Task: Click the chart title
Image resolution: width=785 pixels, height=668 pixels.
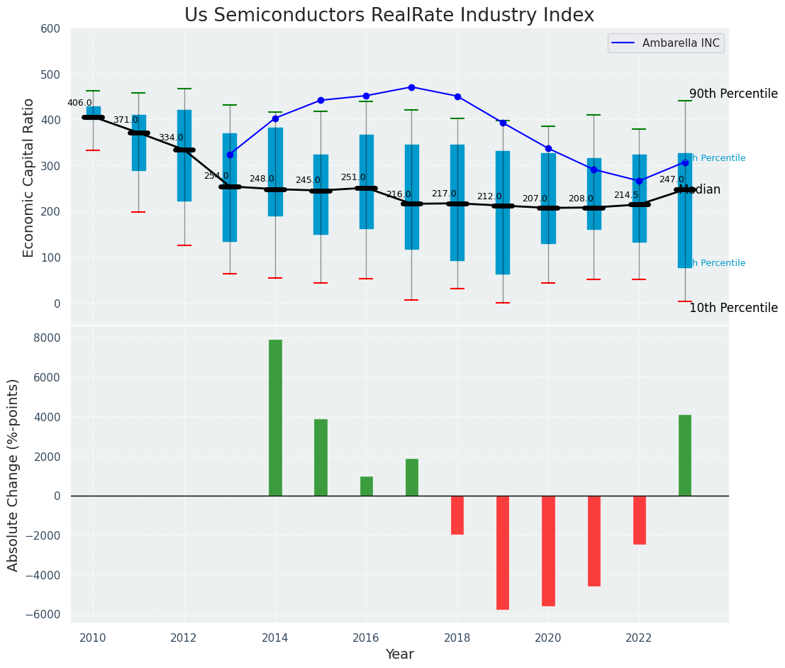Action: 389,16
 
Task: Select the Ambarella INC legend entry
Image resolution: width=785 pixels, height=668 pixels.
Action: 680,43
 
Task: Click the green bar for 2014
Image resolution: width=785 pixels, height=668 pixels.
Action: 275,418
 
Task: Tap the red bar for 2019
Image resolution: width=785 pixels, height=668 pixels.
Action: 503,552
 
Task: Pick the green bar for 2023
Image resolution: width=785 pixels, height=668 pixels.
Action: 685,455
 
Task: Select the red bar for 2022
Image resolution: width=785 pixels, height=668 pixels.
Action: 640,520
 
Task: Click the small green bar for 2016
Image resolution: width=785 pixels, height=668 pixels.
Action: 367,486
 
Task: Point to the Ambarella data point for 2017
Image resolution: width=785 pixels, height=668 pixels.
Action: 411,87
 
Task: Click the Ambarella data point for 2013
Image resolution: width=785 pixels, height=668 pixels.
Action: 230,155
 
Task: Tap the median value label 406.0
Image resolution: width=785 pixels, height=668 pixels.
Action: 79,103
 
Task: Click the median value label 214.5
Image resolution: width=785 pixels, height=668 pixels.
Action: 626,195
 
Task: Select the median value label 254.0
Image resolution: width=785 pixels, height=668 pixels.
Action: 216,176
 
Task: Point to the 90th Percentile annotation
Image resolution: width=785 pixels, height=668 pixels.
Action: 733,94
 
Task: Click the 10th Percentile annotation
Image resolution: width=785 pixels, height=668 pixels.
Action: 733,308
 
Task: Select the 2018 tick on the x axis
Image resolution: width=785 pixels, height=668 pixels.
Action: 457,638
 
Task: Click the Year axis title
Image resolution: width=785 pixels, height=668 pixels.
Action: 399,655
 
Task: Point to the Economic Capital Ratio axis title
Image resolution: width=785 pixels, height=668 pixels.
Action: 29,177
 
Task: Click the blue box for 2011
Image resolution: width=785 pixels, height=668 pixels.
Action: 139,143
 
